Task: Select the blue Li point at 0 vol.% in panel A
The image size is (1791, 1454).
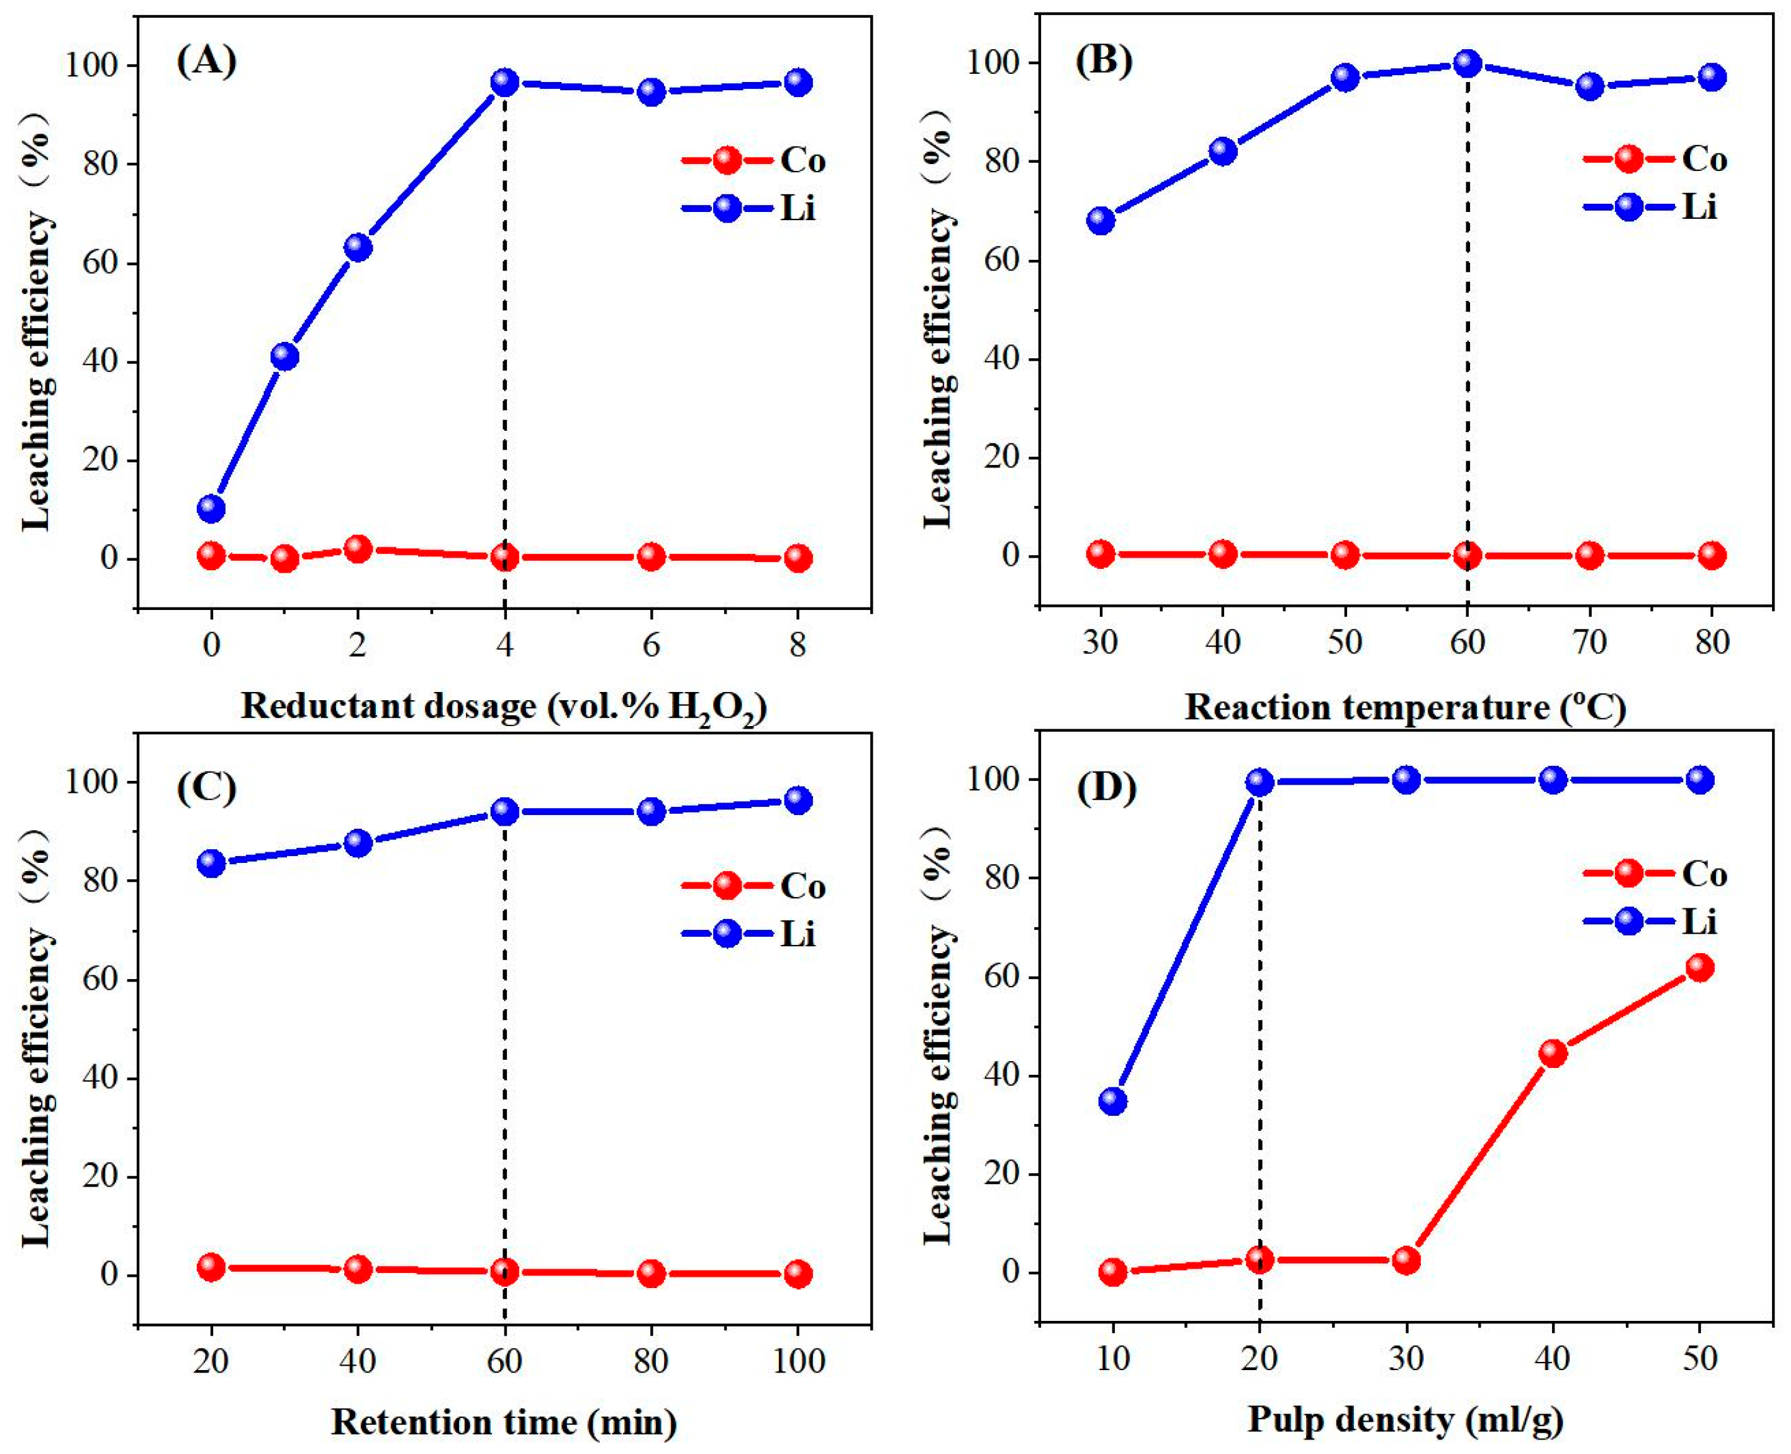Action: coord(212,508)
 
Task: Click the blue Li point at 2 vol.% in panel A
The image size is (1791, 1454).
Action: coord(358,247)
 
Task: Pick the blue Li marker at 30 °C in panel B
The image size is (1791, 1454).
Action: coord(1100,220)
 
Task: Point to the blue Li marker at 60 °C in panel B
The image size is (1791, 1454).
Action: coord(1467,63)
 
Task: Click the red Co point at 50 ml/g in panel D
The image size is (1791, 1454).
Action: coord(1699,968)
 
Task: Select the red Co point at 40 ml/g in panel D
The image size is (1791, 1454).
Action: coord(1553,1053)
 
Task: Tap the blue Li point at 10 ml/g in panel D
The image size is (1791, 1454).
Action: coord(1113,1101)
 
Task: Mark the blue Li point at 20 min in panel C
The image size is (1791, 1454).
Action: coord(212,863)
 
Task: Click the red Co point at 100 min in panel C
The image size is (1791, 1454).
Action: coord(798,1274)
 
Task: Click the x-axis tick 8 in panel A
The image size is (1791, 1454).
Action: coord(798,645)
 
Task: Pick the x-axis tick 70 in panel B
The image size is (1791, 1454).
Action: coord(1589,642)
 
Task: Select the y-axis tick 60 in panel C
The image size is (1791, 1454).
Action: coord(100,979)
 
